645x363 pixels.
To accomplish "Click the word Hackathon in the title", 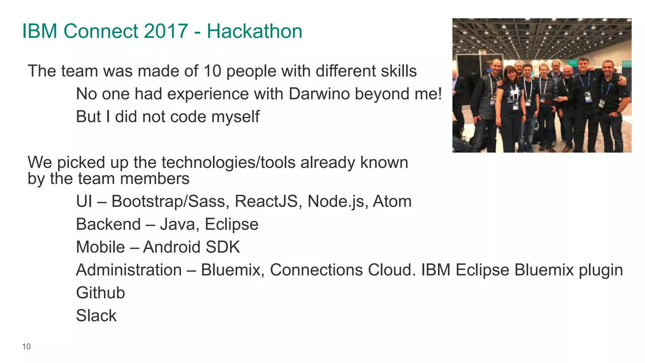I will pos(254,31).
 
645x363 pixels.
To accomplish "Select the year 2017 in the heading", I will pos(166,31).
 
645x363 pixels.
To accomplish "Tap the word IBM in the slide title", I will pos(40,31).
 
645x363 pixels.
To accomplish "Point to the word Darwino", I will pos(319,94).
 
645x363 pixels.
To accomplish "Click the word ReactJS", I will pos(266,201).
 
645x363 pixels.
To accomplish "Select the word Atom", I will pos(392,201).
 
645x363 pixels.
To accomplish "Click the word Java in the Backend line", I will pos(179,224).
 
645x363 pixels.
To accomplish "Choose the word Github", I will pos(100,293).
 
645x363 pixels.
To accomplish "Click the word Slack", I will pos(96,315).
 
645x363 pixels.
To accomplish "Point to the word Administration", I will pos(129,270).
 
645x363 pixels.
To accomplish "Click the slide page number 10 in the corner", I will pos(26,346).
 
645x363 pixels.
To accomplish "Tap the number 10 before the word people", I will pos(212,71).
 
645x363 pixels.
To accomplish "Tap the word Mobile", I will pos(100,247).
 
